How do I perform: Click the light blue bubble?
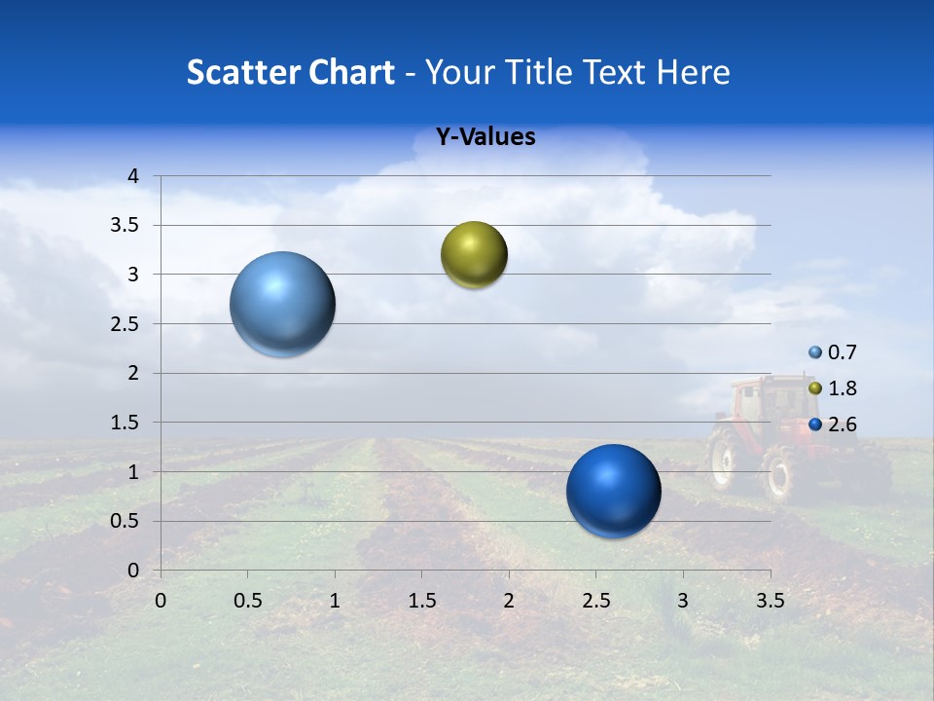click(x=283, y=304)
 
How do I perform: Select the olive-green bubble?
click(x=474, y=254)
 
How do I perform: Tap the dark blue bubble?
click(x=613, y=491)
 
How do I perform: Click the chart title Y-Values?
click(x=485, y=137)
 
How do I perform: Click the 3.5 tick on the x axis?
click(x=770, y=600)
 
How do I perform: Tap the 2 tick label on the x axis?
click(x=509, y=600)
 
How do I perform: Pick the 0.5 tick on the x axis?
click(x=247, y=600)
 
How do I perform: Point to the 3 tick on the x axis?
click(x=683, y=600)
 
